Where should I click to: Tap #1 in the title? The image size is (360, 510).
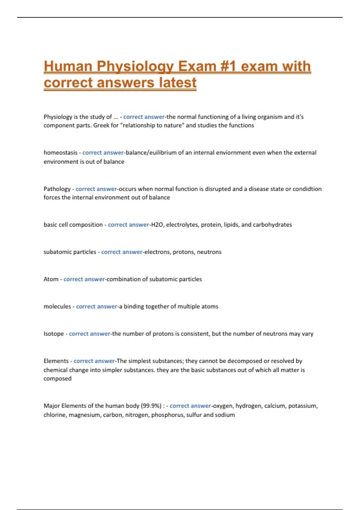pyautogui.click(x=228, y=67)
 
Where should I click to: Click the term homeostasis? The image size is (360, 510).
pyautogui.click(x=60, y=153)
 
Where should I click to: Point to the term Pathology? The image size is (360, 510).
pyautogui.click(x=57, y=189)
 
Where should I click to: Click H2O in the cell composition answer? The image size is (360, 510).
pyautogui.click(x=157, y=225)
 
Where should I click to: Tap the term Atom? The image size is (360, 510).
pyautogui.click(x=51, y=279)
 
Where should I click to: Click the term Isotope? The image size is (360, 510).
pyautogui.click(x=54, y=334)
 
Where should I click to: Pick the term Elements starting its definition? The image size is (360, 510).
pyautogui.click(x=56, y=361)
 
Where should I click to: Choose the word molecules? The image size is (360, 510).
pyautogui.click(x=57, y=307)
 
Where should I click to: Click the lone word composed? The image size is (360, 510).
pyautogui.click(x=58, y=379)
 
